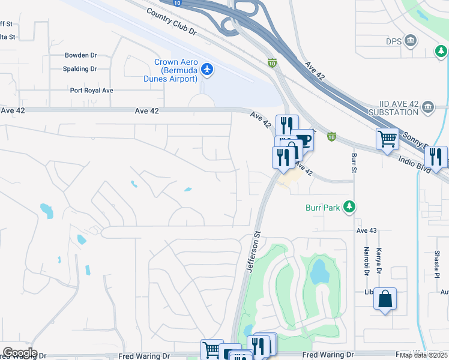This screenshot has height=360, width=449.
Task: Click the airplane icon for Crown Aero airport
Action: [x=208, y=70]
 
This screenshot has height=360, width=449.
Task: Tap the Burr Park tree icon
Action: [x=349, y=208]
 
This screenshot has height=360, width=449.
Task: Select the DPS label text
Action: [x=393, y=41]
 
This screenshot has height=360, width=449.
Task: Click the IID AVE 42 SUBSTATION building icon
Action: [x=428, y=108]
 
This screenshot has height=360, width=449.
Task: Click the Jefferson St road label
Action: [x=253, y=252]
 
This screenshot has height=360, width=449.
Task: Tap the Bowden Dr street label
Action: [x=80, y=55]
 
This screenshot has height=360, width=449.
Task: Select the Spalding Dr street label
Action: [x=80, y=69]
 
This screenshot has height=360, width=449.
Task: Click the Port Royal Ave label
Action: [x=91, y=91]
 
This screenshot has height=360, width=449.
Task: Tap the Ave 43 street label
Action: [x=366, y=230]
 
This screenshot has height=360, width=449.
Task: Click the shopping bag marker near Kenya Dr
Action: [x=385, y=299]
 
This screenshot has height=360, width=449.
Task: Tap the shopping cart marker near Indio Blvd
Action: [x=388, y=140]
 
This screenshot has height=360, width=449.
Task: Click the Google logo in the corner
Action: [x=20, y=353]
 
